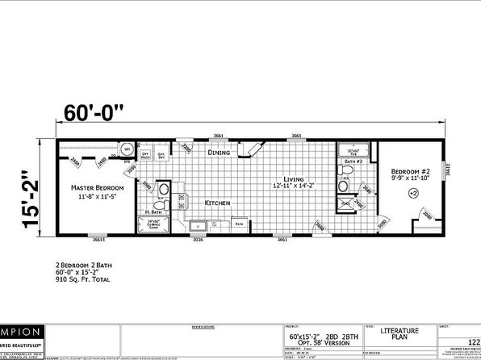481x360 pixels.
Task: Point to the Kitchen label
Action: [x=218, y=203]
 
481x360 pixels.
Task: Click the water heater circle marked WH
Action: [x=128, y=149]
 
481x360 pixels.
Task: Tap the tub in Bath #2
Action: [x=353, y=150]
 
